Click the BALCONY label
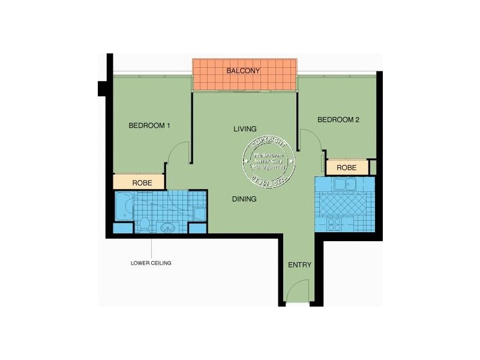click(243, 71)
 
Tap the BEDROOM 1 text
click(150, 125)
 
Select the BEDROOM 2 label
click(338, 120)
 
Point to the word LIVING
click(245, 129)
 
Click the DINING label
click(245, 199)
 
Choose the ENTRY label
click(299, 265)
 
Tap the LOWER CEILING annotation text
click(151, 263)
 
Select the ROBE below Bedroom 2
click(347, 168)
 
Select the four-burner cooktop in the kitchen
click(335, 224)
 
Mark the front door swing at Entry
click(295, 293)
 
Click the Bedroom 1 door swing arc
click(179, 155)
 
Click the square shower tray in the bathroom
click(198, 213)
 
